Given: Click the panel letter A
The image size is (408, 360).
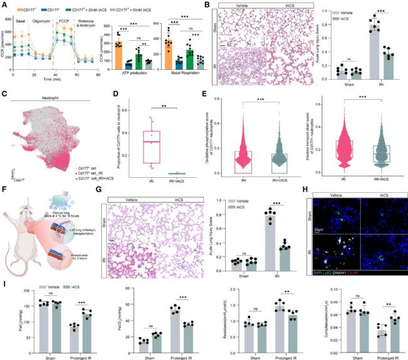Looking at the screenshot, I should pyautogui.click(x=3, y=4).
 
